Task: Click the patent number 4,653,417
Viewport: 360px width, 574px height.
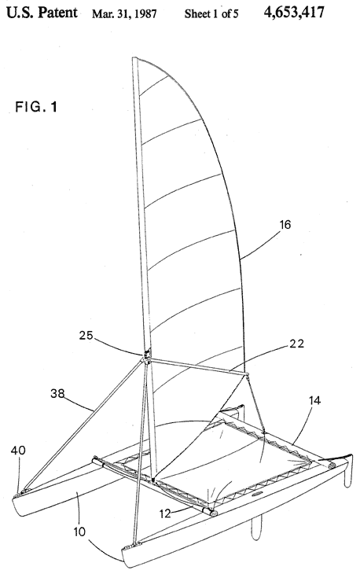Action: (293, 13)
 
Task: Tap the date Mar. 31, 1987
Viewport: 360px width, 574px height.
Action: (124, 13)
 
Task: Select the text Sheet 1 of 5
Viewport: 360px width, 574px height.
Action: (211, 13)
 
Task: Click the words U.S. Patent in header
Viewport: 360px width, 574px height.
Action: (42, 13)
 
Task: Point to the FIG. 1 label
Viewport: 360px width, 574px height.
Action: (36, 107)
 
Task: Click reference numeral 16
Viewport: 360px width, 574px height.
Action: (285, 224)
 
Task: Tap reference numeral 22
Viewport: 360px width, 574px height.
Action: (296, 344)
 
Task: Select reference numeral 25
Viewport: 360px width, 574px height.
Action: (86, 335)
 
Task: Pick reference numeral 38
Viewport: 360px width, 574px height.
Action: (57, 393)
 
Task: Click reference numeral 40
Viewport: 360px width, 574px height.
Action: (18, 450)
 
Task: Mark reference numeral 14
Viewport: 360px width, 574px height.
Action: (314, 400)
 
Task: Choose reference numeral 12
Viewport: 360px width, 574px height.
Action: (165, 513)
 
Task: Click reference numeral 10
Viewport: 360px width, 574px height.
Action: (79, 532)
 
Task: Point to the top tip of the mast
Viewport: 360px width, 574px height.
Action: (134, 58)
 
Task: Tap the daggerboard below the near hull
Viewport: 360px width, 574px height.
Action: (256, 527)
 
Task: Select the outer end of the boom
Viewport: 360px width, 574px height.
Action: (248, 374)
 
